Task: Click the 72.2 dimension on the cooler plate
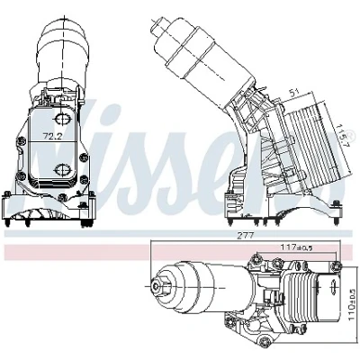tap(52, 137)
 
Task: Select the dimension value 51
tap(295, 92)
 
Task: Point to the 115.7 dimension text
tap(341, 135)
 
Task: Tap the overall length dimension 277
tap(247, 236)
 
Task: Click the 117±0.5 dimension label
tap(296, 247)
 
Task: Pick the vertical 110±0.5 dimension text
tap(351, 303)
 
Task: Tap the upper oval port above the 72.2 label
tap(62, 118)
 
